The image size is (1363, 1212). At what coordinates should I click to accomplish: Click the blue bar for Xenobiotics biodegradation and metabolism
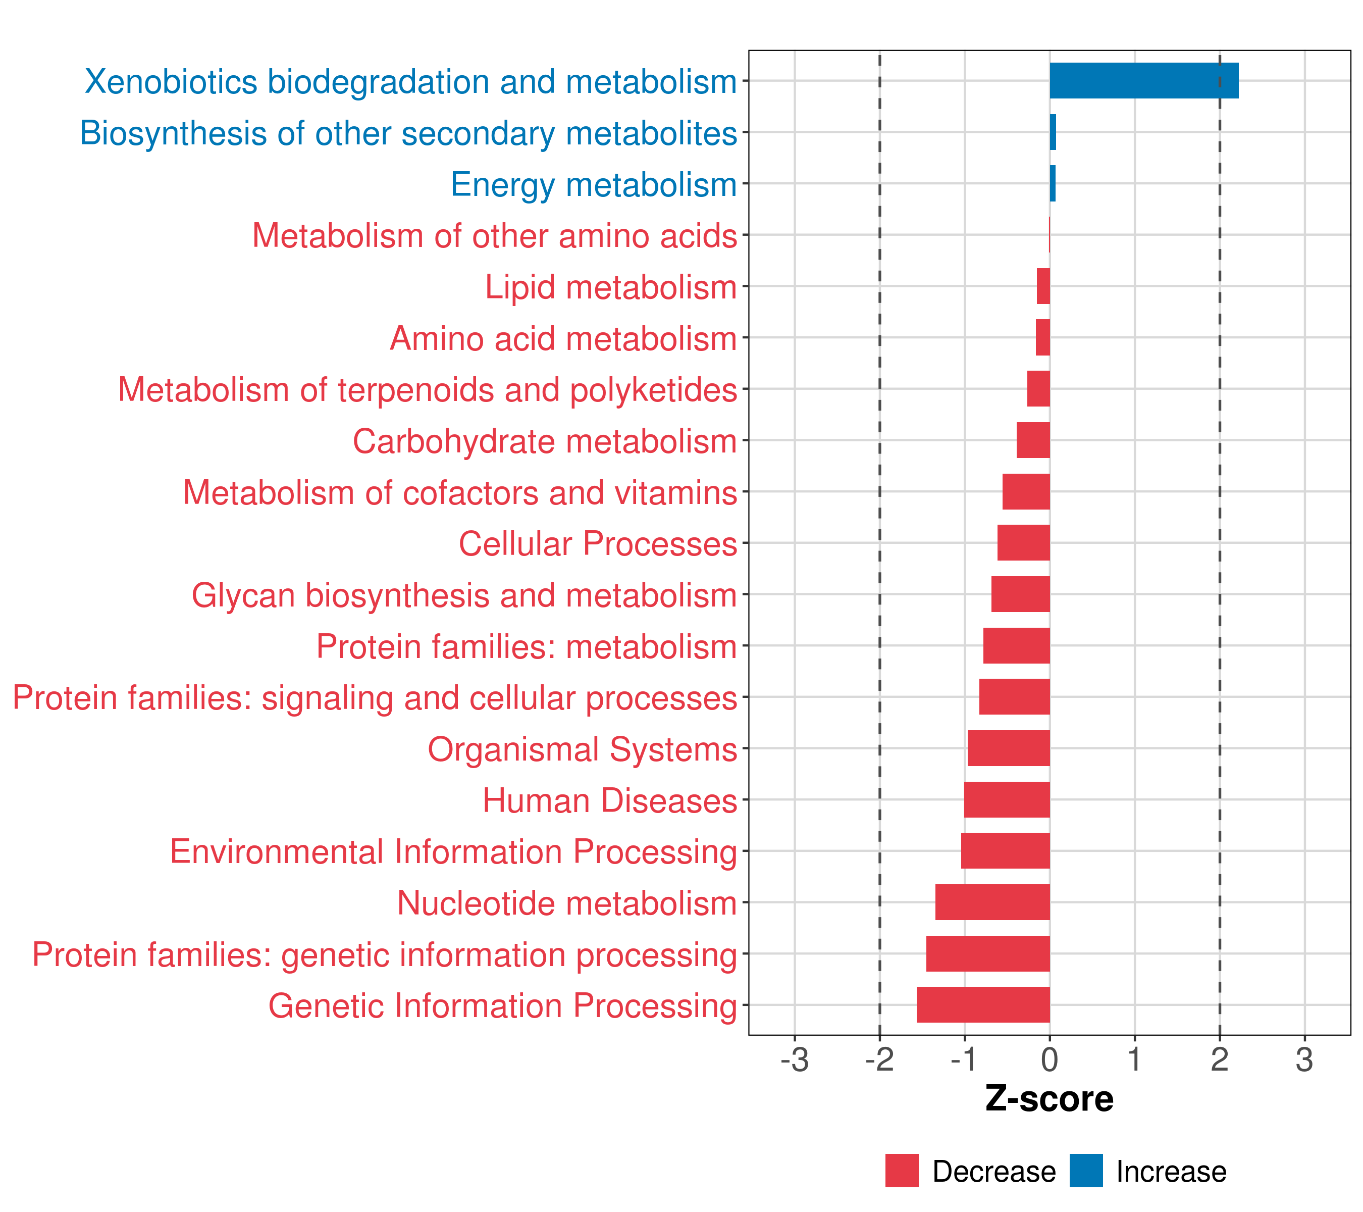point(1143,81)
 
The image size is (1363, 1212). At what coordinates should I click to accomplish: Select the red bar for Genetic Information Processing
point(983,1004)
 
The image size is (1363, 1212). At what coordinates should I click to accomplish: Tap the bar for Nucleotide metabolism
point(992,902)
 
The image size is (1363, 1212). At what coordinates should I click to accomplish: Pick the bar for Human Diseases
point(1007,799)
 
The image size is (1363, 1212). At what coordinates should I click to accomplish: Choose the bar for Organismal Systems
point(1008,748)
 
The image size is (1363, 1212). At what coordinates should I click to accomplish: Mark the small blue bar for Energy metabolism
point(1052,183)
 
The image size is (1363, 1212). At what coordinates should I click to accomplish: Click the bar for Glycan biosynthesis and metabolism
point(1020,594)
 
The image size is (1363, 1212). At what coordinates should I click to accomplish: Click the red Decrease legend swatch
point(902,1171)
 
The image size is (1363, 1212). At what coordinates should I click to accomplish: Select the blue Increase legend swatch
point(1085,1171)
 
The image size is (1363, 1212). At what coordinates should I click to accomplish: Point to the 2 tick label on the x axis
point(1220,1060)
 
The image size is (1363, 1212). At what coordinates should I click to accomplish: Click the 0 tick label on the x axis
point(1050,1060)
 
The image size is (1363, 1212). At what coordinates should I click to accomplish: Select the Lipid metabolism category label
point(610,287)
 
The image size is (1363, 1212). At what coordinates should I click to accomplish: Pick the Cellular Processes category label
point(598,543)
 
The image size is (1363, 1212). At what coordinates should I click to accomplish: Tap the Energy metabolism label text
point(594,185)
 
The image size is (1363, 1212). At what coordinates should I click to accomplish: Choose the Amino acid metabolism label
point(563,339)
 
